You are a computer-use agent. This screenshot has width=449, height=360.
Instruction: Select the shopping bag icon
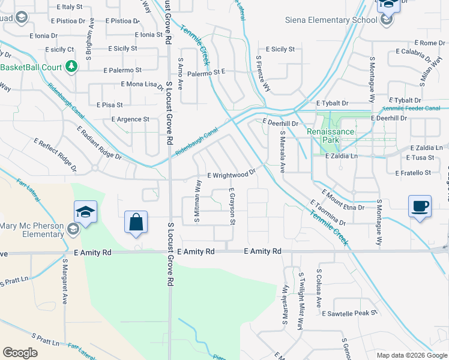pyautogui.click(x=136, y=221)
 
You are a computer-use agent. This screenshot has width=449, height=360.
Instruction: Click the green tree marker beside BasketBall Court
pyautogui.click(x=71, y=66)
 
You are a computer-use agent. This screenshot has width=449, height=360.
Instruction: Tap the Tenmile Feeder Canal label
pyautogui.click(x=411, y=108)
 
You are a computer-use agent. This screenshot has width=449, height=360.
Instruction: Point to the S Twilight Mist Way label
pyautogui.click(x=300, y=298)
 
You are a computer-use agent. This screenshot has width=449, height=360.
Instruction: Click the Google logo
pyautogui.click(x=20, y=353)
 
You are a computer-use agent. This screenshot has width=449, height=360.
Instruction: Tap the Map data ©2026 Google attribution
pyautogui.click(x=411, y=355)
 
